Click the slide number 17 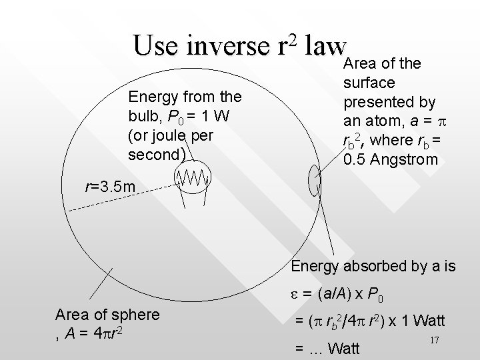[434, 341]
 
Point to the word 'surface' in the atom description [369, 83]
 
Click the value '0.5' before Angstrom [353, 160]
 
